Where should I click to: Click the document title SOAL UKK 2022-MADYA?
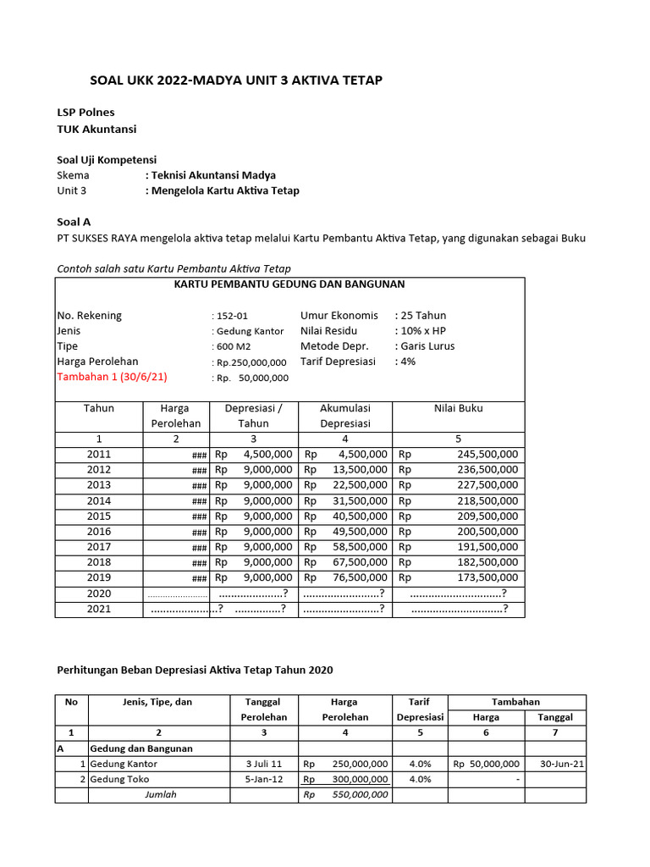(x=236, y=80)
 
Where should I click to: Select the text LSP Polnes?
(x=85, y=113)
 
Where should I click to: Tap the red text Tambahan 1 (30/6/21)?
(x=112, y=377)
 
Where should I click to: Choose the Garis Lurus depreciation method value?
(x=427, y=346)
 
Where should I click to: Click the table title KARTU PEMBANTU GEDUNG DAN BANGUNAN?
(x=289, y=284)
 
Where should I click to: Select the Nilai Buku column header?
(x=458, y=408)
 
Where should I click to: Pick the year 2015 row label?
(x=98, y=516)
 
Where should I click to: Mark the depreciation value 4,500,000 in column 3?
(x=267, y=455)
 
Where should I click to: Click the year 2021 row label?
(x=98, y=609)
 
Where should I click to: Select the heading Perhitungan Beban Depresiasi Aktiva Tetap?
(x=195, y=670)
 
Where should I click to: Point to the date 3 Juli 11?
(x=265, y=764)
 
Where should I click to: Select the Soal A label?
(x=74, y=222)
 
